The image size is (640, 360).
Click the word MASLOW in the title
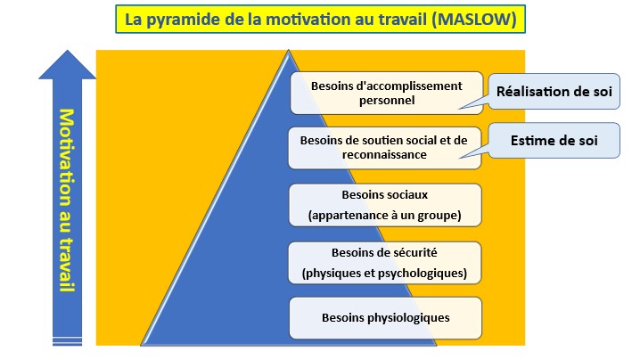click(x=474, y=20)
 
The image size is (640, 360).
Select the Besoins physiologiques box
click(x=385, y=318)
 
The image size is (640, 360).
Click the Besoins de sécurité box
click(x=384, y=263)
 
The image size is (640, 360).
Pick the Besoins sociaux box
click(x=385, y=205)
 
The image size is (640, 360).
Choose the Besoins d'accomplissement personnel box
click(x=387, y=93)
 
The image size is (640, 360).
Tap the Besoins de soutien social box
click(x=384, y=148)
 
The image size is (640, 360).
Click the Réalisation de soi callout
click(x=554, y=92)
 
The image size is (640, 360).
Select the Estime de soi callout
click(x=554, y=141)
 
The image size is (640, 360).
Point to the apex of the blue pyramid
click(x=289, y=51)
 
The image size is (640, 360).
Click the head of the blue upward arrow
click(x=68, y=64)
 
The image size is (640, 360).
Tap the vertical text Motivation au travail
click(x=67, y=200)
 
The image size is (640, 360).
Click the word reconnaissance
click(x=384, y=155)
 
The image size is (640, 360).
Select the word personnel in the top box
click(x=387, y=101)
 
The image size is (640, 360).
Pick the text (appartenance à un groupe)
click(x=384, y=215)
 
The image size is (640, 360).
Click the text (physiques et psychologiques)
click(x=384, y=273)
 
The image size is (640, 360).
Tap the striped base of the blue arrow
click(x=68, y=341)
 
